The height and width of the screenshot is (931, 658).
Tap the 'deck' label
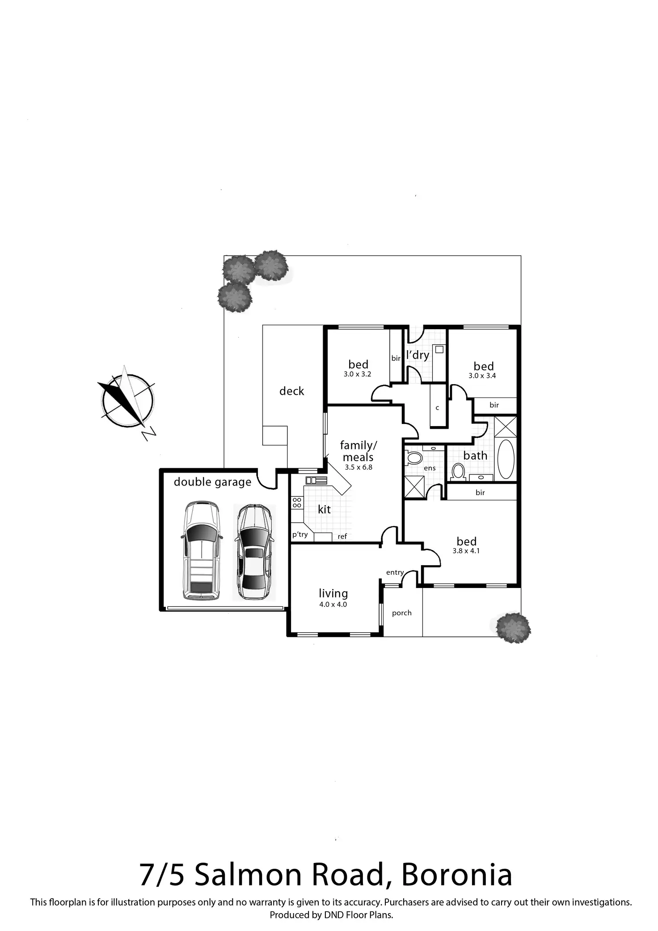pos(291,391)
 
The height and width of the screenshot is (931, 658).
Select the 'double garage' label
pos(212,482)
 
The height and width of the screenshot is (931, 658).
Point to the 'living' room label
pos(333,593)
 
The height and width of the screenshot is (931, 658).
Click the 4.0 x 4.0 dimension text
pos(333,605)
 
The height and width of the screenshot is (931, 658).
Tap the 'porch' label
pos(401,613)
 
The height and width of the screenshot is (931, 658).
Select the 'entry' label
pos(395,572)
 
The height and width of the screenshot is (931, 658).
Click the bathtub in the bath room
pos(506,459)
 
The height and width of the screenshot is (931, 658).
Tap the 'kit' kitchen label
pos(324,509)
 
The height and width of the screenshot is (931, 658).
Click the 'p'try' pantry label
pos(300,534)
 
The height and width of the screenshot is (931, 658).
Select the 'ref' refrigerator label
pos(342,537)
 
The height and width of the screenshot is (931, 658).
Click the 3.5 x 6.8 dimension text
pos(359,467)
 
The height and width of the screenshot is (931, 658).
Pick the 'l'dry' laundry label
pos(418,355)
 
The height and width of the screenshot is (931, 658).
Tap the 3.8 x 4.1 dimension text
pos(466,551)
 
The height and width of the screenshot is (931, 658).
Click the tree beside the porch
pos(514,628)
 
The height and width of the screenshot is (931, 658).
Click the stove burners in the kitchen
pos(297,503)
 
